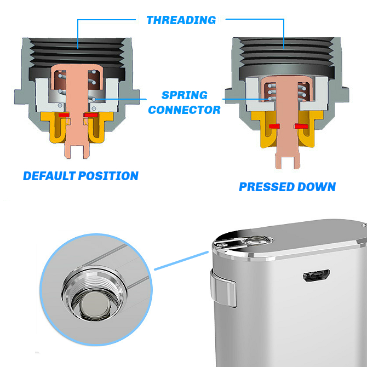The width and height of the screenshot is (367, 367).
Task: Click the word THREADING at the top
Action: [181, 20]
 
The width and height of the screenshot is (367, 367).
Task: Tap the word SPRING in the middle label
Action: [185, 95]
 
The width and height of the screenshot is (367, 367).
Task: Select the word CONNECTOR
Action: [185, 110]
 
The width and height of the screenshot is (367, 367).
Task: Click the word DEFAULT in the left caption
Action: [49, 176]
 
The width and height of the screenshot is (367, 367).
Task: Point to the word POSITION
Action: [108, 176]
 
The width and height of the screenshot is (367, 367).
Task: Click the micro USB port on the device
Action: [316, 276]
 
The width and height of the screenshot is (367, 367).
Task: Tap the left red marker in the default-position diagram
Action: [64, 115]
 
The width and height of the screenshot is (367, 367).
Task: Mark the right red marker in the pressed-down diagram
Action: [301, 126]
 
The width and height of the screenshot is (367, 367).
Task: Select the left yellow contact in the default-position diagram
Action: [54, 127]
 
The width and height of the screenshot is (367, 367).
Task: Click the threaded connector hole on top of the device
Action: [258, 240]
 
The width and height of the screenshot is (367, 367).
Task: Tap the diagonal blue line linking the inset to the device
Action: [181, 261]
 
